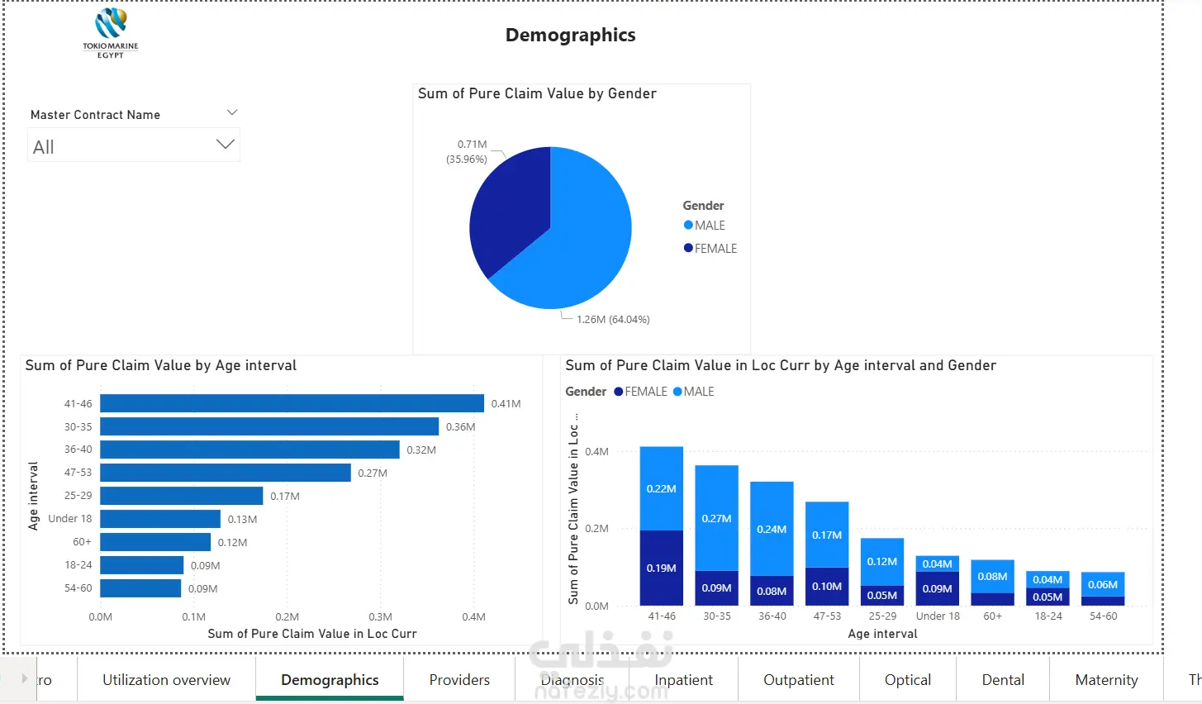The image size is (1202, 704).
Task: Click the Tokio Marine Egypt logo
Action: [x=111, y=33]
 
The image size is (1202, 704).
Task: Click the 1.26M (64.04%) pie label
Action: [x=613, y=320]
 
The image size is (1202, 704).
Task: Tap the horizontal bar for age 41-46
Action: [x=292, y=403]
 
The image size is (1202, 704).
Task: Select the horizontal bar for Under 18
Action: [x=160, y=519]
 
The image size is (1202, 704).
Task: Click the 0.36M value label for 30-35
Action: [x=460, y=427]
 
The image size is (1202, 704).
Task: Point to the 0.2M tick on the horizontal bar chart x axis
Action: [x=287, y=617]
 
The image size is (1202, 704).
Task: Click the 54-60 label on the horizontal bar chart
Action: [x=78, y=588]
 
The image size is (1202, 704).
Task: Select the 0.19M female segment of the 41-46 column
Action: [x=662, y=568]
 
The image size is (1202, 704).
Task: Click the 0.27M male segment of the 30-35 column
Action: [x=716, y=518]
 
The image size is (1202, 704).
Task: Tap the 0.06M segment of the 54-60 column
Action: [x=1103, y=584]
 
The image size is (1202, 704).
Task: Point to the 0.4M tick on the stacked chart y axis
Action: [x=596, y=452]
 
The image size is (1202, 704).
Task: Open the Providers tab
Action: [x=459, y=680]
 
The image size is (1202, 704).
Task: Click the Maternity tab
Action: [x=1106, y=680]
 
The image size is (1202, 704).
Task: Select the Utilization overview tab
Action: [x=166, y=680]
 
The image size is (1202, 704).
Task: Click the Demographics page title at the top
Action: [x=570, y=35]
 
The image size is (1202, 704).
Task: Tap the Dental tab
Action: [x=1003, y=680]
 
